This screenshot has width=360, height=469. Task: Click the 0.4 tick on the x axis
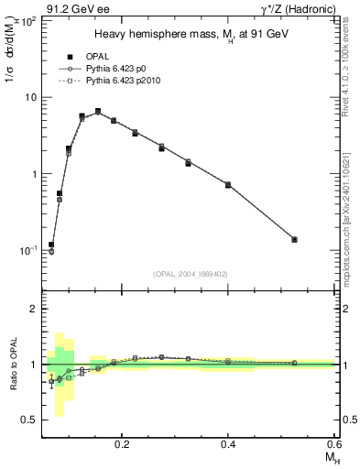coord(228,442)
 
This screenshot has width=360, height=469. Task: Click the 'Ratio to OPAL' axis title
coord(14,365)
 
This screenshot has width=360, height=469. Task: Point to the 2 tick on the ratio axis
coord(34,310)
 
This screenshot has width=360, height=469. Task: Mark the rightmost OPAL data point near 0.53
coord(294,239)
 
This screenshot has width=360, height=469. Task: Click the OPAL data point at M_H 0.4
coord(228,185)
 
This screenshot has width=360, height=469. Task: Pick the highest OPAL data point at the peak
coord(98,112)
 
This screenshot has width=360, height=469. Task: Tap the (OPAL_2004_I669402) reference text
coord(189,273)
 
